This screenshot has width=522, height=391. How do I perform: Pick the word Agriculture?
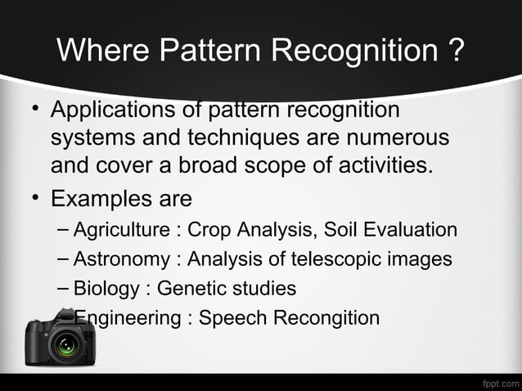pos(123,231)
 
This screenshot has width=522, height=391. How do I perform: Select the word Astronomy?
pos(121,259)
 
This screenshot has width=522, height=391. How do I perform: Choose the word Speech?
pos(230,317)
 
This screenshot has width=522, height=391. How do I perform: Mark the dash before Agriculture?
pos(64,230)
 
